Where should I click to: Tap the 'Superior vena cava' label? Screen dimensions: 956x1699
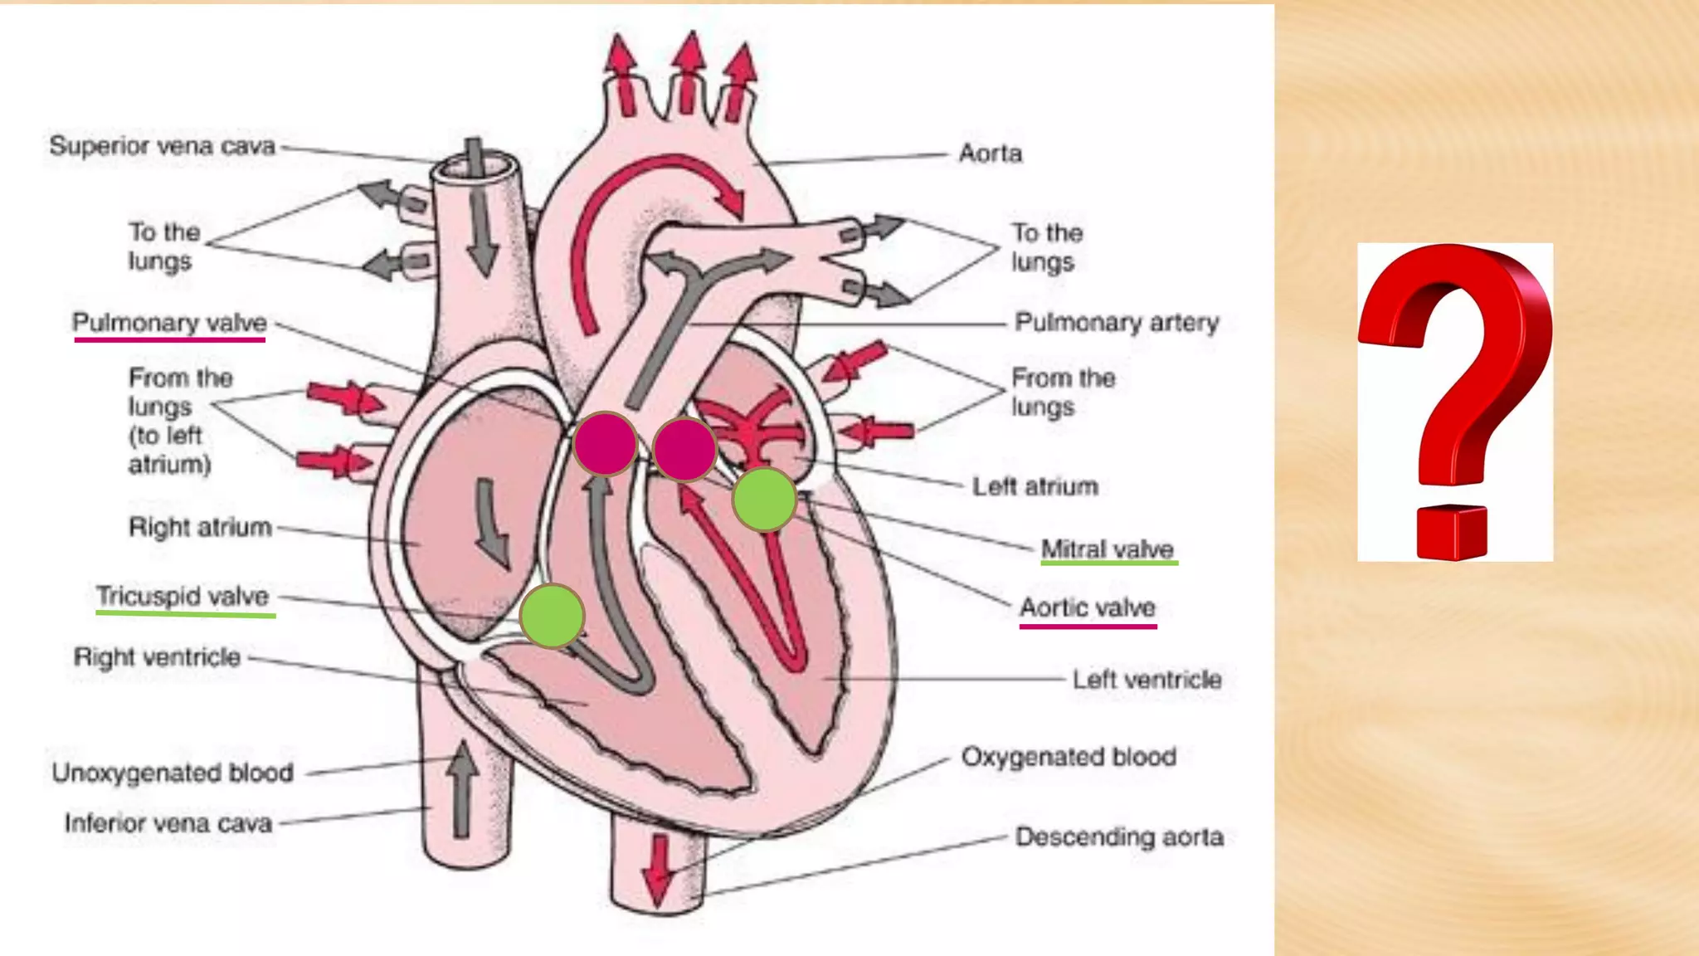(x=162, y=146)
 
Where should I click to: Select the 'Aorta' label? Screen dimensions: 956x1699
(x=991, y=154)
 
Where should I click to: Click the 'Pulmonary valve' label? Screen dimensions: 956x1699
(x=169, y=323)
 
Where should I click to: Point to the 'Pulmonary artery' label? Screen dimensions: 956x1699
(x=1117, y=322)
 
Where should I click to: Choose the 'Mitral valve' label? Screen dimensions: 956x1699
(x=1108, y=549)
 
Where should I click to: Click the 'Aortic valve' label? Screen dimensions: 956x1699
(x=1088, y=607)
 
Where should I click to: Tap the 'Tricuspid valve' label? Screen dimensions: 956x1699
(x=183, y=597)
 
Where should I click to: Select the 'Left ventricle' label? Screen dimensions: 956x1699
(x=1146, y=680)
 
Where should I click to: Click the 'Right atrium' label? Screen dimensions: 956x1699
(x=200, y=527)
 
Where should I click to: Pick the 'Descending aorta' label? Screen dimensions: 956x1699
(x=1119, y=836)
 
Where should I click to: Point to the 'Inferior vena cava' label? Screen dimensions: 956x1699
(x=168, y=823)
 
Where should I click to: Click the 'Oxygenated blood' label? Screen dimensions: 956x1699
(x=1069, y=757)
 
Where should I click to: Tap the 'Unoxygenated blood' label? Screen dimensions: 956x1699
(x=173, y=773)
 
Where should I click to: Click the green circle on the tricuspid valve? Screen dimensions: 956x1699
(x=552, y=616)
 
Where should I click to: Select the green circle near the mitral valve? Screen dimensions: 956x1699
(x=764, y=499)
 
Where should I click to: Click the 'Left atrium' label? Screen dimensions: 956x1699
(x=1035, y=486)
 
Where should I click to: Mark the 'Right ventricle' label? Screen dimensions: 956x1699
(x=157, y=657)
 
